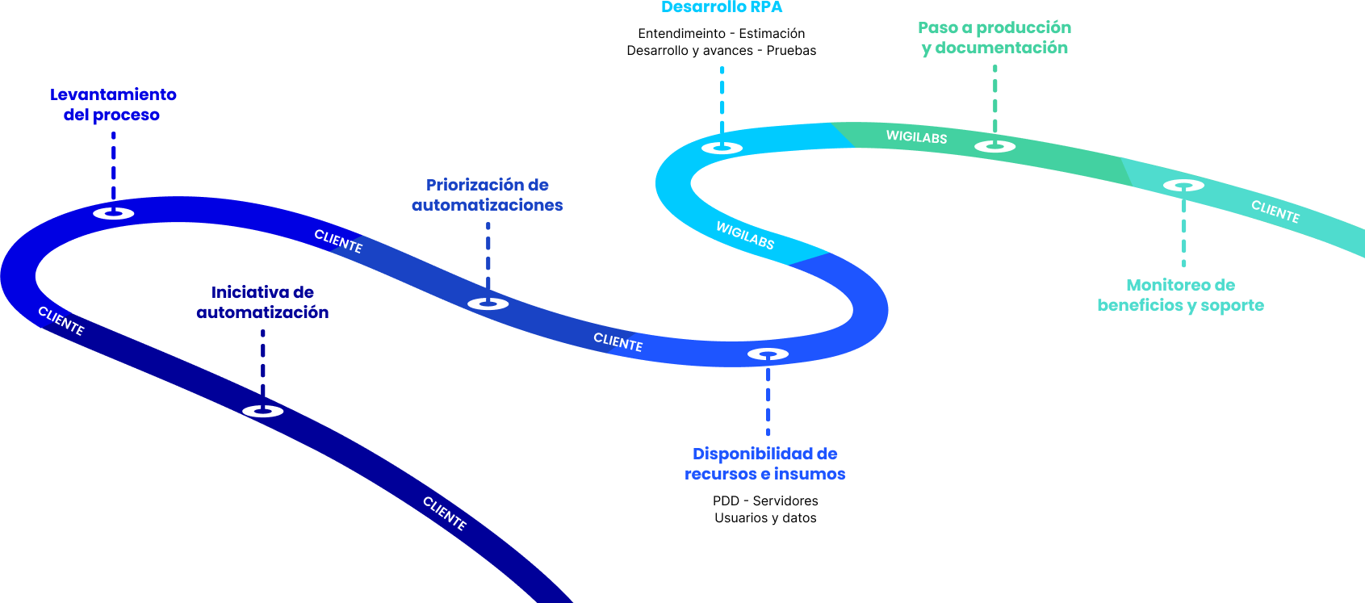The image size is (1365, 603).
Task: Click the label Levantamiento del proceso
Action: [x=113, y=105]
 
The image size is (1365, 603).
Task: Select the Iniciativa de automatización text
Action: [x=262, y=302]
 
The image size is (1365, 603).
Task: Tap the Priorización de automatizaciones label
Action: [x=488, y=195]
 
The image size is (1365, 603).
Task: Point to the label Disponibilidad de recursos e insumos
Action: [x=765, y=464]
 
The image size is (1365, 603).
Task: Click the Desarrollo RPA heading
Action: [x=722, y=7]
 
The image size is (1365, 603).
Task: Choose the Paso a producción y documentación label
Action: [x=994, y=38]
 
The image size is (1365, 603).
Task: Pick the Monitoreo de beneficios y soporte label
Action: [x=1180, y=295]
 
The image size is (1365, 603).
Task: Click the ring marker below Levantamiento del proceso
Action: [x=113, y=213]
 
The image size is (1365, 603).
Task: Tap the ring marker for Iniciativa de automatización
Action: [x=263, y=411]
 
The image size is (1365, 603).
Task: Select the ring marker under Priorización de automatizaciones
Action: [x=488, y=304]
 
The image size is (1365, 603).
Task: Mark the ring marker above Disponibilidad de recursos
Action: [x=768, y=354]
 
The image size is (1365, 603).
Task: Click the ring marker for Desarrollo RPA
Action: [x=722, y=148]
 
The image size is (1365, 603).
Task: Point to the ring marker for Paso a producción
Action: [x=994, y=146]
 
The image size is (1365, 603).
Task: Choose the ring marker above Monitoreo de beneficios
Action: [x=1183, y=186]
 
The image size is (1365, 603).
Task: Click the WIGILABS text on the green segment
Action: [x=916, y=137]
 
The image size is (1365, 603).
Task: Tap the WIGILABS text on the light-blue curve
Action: [x=745, y=235]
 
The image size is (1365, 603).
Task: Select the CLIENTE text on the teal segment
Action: [x=1275, y=211]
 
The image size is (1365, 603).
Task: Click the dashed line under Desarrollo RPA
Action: [x=722, y=98]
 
